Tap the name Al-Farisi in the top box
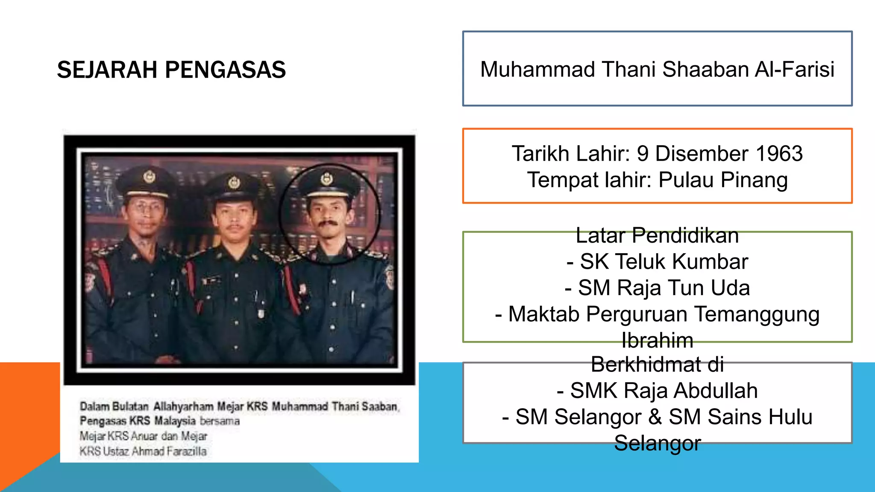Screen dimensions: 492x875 (x=794, y=69)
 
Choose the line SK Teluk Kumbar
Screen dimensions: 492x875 (x=658, y=262)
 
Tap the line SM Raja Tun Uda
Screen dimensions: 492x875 (x=658, y=288)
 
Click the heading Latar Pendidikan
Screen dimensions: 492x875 (x=658, y=236)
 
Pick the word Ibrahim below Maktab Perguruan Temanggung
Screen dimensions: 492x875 (x=658, y=340)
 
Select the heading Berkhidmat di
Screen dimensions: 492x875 (x=658, y=365)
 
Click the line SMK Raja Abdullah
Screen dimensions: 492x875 (x=658, y=391)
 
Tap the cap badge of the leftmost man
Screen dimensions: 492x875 (x=149, y=176)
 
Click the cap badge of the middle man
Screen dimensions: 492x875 (x=234, y=182)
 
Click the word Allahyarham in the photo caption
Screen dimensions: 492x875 (x=183, y=406)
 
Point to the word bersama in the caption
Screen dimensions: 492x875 (x=220, y=421)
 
